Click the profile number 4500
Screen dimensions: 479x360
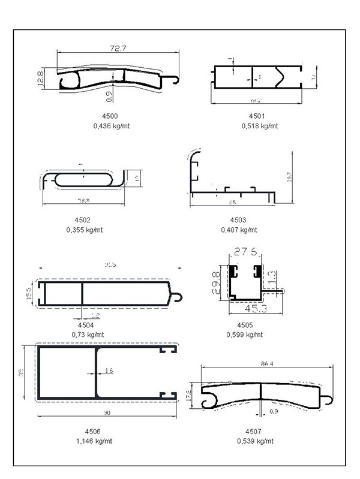pyautogui.click(x=110, y=115)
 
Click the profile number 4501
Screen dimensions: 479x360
pyautogui.click(x=257, y=115)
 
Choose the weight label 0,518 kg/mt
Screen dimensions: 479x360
pyautogui.click(x=259, y=126)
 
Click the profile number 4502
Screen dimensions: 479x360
pyautogui.click(x=84, y=219)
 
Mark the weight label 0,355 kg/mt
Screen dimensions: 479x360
pyautogui.click(x=84, y=230)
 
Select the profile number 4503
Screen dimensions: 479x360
pyautogui.click(x=238, y=219)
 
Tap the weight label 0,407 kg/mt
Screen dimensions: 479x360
pyautogui.click(x=238, y=230)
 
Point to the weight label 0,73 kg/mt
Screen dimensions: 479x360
pyautogui.click(x=88, y=334)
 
